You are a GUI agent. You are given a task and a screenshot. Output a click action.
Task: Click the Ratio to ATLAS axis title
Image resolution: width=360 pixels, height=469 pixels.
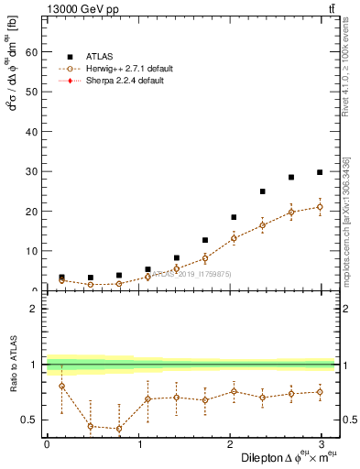[x=12, y=365]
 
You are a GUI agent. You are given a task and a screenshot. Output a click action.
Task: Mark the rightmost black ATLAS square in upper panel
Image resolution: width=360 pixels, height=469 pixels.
[x=320, y=172]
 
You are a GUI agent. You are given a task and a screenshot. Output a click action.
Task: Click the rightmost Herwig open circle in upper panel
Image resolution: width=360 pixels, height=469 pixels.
[x=320, y=207]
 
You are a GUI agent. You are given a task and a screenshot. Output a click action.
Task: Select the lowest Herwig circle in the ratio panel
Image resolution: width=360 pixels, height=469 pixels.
[x=119, y=429]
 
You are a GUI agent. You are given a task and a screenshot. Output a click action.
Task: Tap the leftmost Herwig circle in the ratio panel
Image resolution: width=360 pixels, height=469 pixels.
[x=61, y=386]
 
